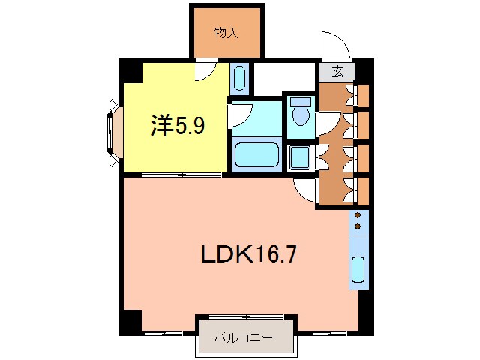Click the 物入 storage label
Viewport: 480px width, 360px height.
(227, 32)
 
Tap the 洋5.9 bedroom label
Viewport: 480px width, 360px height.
(178, 125)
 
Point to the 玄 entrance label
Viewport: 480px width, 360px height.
(338, 72)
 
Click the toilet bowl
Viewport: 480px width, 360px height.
(301, 113)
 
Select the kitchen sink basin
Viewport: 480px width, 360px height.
(358, 269)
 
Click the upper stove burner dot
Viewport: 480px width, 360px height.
(358, 215)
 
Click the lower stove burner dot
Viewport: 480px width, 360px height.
(358, 226)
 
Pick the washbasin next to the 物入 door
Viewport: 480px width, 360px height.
(239, 77)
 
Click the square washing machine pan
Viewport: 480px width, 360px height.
(300, 157)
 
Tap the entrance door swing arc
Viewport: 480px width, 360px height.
(335, 45)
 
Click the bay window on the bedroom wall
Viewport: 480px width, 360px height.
(113, 133)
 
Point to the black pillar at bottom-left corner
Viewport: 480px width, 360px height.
(130, 321)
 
